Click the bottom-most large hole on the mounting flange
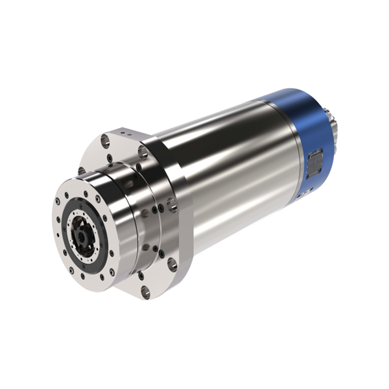(145, 292)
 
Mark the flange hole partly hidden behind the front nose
(82, 171)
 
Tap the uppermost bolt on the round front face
(85, 193)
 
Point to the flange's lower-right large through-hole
(172, 263)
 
